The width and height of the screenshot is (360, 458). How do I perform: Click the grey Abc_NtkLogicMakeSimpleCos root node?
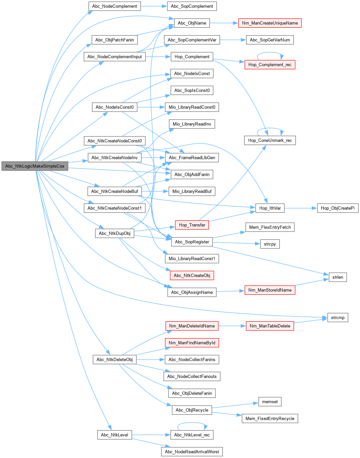[35, 166]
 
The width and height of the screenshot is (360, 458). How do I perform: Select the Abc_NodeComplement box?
[115, 6]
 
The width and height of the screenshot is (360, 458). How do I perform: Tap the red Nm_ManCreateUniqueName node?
[270, 23]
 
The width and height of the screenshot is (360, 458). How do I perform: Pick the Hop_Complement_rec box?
[270, 65]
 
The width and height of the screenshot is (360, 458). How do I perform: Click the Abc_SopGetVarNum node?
[270, 40]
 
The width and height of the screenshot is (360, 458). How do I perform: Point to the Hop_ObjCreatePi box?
[337, 208]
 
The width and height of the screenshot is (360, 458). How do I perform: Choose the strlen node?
[337, 277]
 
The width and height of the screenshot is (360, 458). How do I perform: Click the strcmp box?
[337, 318]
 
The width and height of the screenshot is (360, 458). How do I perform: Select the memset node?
[270, 402]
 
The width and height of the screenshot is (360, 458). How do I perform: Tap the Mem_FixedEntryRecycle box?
[270, 418]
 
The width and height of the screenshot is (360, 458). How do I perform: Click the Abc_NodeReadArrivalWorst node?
[192, 452]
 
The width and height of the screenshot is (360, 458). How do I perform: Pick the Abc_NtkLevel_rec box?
[192, 435]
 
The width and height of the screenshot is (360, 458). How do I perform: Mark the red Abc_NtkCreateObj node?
[192, 275]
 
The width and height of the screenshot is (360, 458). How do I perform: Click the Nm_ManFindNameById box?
[192, 343]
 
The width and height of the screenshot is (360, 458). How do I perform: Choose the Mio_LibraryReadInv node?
[192, 124]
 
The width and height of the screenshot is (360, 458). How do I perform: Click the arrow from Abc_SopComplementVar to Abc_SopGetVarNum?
[233, 40]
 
